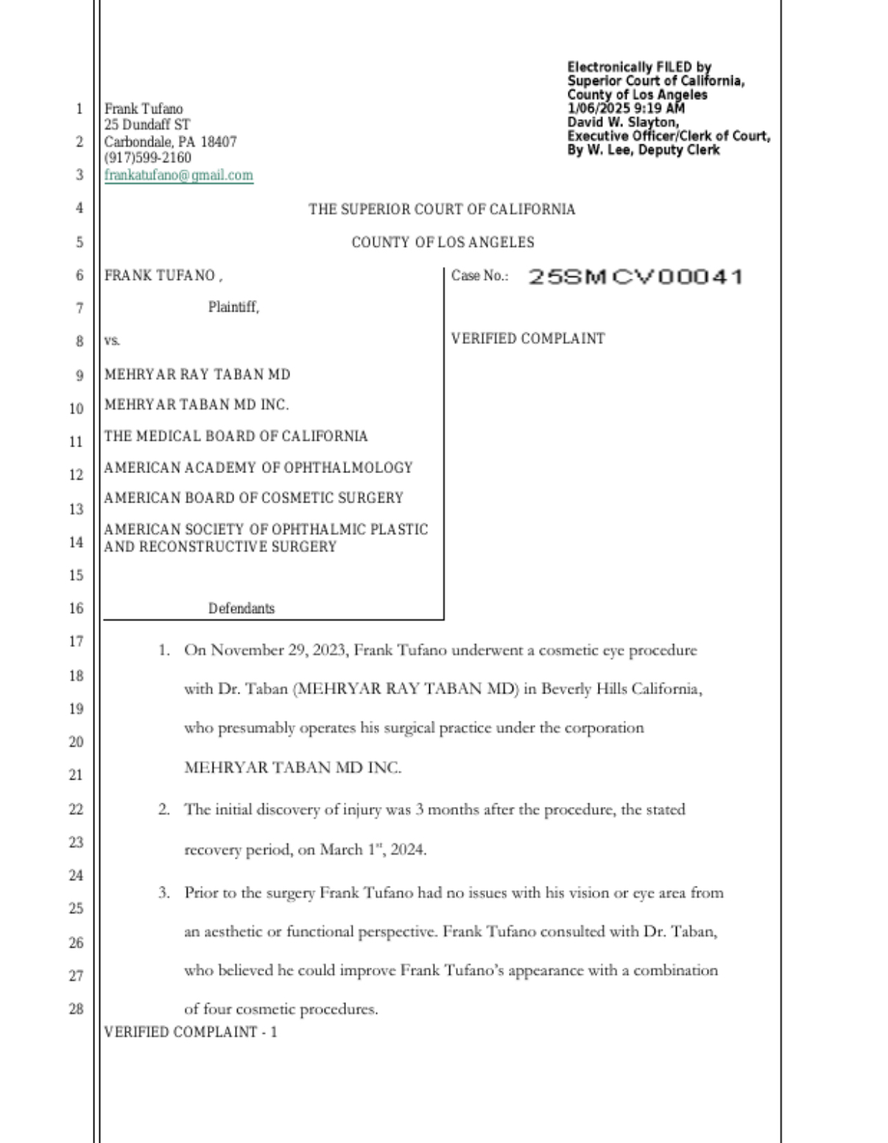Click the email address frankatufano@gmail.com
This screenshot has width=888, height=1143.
click(x=178, y=175)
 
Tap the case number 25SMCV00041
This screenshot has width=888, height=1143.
click(x=635, y=277)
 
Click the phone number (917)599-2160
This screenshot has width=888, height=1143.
click(x=147, y=158)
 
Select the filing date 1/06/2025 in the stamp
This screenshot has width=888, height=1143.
click(x=599, y=108)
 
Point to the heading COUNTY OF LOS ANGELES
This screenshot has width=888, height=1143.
click(x=443, y=242)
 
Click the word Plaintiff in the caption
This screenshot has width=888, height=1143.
click(x=233, y=307)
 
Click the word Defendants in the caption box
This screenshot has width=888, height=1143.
click(x=241, y=609)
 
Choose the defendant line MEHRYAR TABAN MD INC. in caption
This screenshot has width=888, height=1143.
click(x=196, y=405)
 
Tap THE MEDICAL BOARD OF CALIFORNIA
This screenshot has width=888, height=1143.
click(x=236, y=436)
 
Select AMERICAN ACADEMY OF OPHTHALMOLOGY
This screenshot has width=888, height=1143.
click(x=258, y=467)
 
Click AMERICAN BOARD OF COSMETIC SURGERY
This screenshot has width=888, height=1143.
click(x=253, y=498)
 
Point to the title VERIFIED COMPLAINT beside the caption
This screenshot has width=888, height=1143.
click(x=527, y=339)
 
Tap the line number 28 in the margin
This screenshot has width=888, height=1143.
click(x=76, y=1009)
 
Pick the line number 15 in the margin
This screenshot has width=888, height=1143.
click(x=76, y=575)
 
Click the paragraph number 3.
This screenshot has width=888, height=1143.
click(x=163, y=893)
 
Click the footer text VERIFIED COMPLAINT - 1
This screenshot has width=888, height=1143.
click(x=190, y=1032)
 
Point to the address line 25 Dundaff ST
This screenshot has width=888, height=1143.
click(x=147, y=125)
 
